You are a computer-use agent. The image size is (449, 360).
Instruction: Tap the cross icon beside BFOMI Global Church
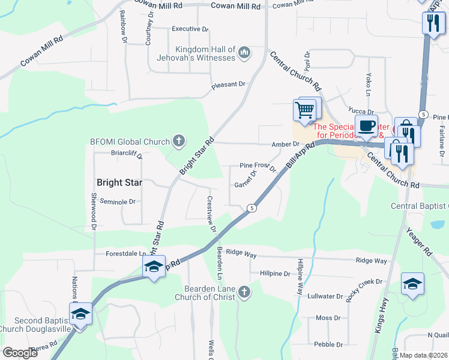[178, 141]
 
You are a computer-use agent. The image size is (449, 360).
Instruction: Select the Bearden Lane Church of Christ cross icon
[243, 292]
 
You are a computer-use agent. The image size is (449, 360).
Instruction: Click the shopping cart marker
[304, 110]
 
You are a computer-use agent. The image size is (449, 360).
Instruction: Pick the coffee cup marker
[366, 127]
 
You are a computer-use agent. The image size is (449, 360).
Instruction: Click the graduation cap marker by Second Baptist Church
[80, 314]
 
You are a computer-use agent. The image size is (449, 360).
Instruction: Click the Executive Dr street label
[190, 29]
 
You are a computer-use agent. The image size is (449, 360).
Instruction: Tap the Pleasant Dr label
[229, 86]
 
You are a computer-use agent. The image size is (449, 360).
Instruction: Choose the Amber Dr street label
[285, 144]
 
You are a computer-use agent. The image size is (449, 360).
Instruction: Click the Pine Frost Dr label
[258, 166]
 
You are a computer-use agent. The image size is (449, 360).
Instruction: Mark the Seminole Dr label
[118, 202]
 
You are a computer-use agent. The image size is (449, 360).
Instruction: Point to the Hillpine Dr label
[275, 274]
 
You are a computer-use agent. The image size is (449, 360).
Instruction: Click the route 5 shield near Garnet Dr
[252, 208]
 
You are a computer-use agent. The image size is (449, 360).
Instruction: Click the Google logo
[20, 352]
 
